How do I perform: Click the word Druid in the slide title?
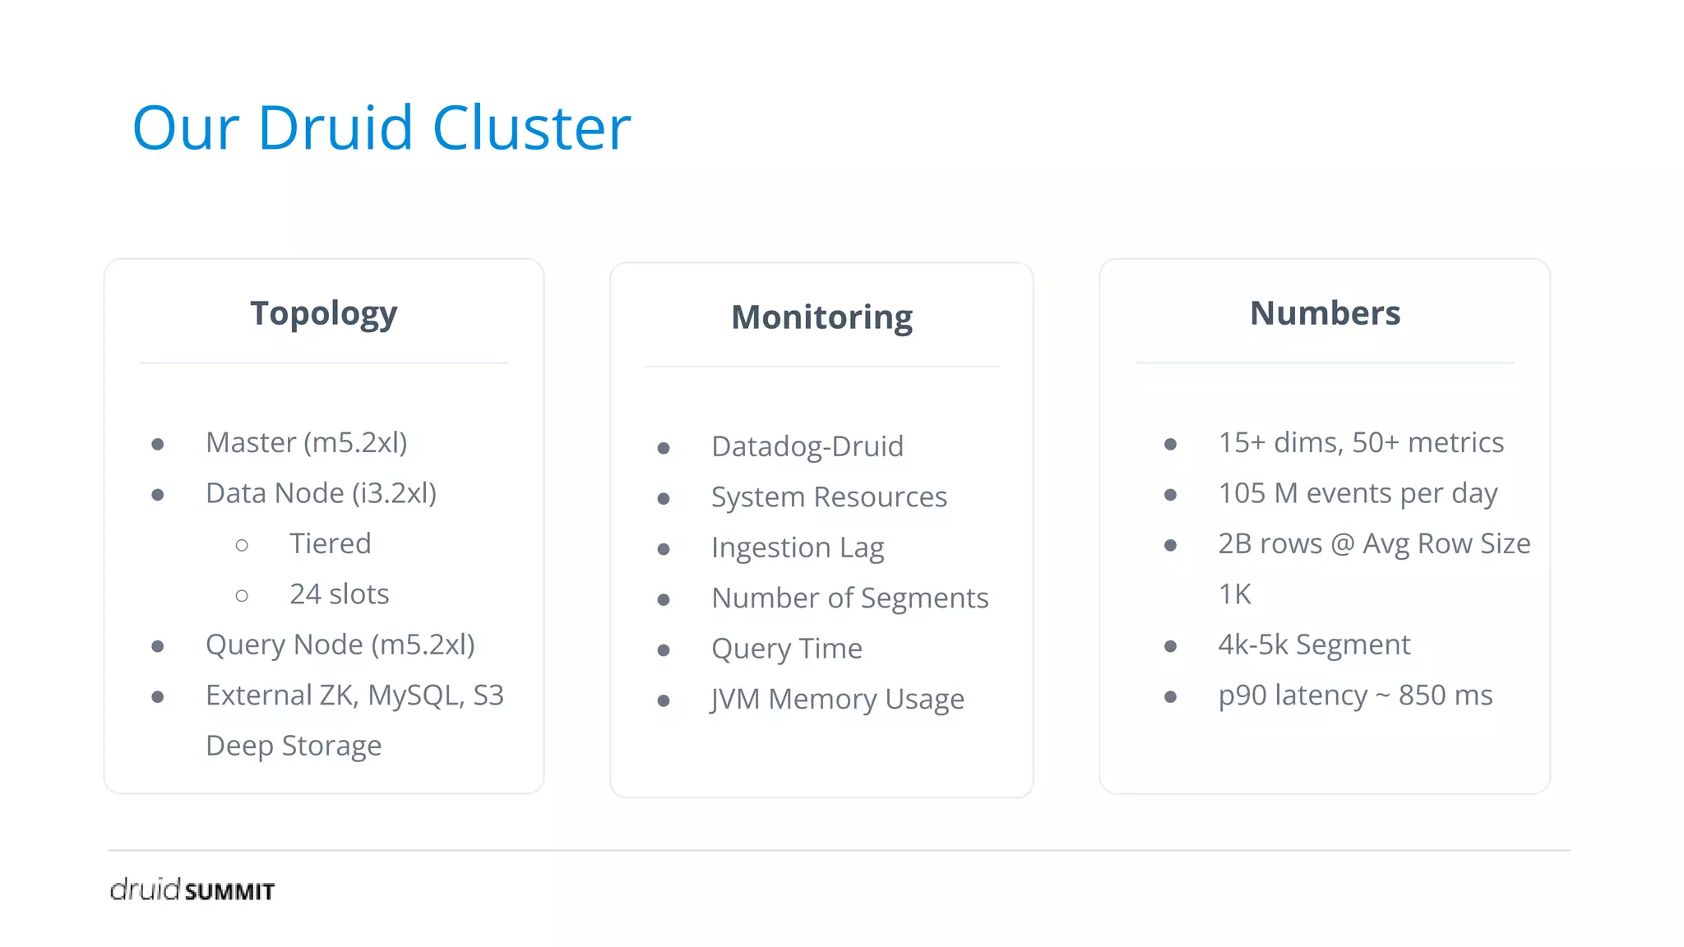(335, 128)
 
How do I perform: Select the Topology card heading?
(323, 313)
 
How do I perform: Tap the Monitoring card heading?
(821, 317)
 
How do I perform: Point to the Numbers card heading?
(1325, 313)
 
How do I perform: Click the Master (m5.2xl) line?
(306, 443)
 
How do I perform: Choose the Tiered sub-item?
(330, 544)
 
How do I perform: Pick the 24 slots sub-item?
(339, 594)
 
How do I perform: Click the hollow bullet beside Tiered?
(242, 546)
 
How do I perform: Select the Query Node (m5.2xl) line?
(340, 645)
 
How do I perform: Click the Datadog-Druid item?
(807, 447)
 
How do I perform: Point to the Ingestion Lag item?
(797, 548)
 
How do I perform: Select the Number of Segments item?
(849, 598)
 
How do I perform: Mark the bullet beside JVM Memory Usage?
(664, 701)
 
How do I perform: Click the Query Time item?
(786, 649)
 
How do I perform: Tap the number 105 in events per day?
(1242, 494)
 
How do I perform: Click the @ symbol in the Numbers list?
(1342, 544)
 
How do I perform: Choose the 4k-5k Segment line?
(1313, 645)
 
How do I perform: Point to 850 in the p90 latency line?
(1423, 696)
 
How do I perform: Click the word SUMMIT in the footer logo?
(229, 892)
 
